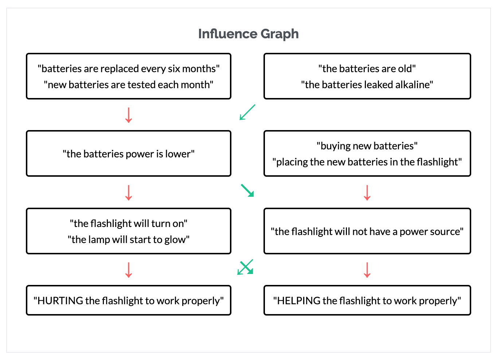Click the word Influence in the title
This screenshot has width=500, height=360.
coord(228,34)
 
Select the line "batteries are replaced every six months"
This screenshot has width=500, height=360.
coord(129,69)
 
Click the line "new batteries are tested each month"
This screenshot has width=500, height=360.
coord(129,85)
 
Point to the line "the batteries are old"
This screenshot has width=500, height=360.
coord(367,69)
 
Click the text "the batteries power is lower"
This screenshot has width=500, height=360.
coord(129,154)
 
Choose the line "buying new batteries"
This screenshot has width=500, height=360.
coord(367,146)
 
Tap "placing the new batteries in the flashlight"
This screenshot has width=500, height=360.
coord(367,162)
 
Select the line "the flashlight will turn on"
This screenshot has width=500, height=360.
coord(129,223)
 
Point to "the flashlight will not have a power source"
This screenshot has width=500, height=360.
coord(367,231)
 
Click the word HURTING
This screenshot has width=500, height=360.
coord(60,301)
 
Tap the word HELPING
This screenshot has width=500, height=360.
coord(299,301)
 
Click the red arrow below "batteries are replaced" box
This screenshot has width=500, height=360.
coord(129,115)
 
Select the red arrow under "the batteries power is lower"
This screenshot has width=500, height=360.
coord(129,193)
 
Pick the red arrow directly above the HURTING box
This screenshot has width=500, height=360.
coord(129,270)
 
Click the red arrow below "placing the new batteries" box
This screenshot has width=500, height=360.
coord(367,193)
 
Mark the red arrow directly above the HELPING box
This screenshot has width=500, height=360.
coord(367,270)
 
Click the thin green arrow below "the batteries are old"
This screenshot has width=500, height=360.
coord(247,112)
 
